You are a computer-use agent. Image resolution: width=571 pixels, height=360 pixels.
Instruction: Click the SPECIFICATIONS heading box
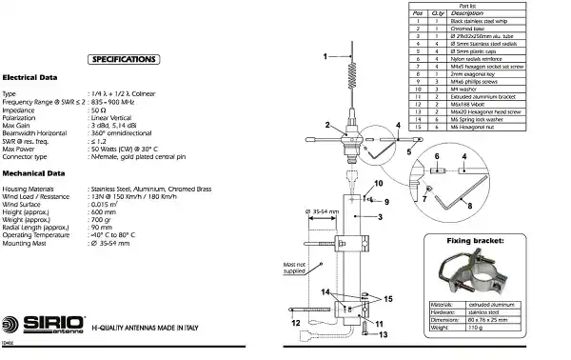point(123,60)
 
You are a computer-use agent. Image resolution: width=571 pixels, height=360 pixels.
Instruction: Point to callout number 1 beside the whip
point(325,57)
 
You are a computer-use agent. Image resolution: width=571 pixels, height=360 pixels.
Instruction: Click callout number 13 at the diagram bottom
point(383,334)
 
